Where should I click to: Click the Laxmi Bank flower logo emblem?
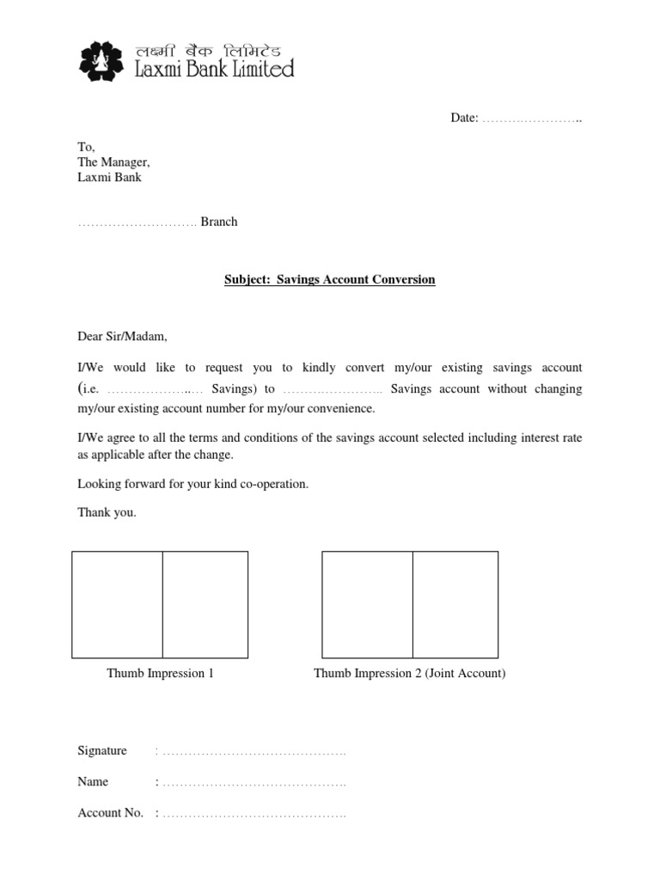click(x=100, y=62)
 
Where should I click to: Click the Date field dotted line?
click(x=532, y=118)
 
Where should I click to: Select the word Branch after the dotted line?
click(x=219, y=222)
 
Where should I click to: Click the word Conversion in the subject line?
click(x=402, y=279)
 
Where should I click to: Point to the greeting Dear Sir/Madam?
click(x=124, y=336)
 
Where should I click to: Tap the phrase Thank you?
click(x=107, y=513)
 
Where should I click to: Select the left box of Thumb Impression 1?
click(x=117, y=605)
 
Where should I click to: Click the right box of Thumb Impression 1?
click(x=205, y=605)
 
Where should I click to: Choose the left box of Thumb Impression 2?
click(x=367, y=605)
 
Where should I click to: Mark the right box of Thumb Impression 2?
click(x=455, y=605)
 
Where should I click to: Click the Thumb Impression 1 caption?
click(x=160, y=673)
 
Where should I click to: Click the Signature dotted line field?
click(x=254, y=752)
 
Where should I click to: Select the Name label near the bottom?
click(x=93, y=781)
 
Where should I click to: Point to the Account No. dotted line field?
click(x=254, y=813)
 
